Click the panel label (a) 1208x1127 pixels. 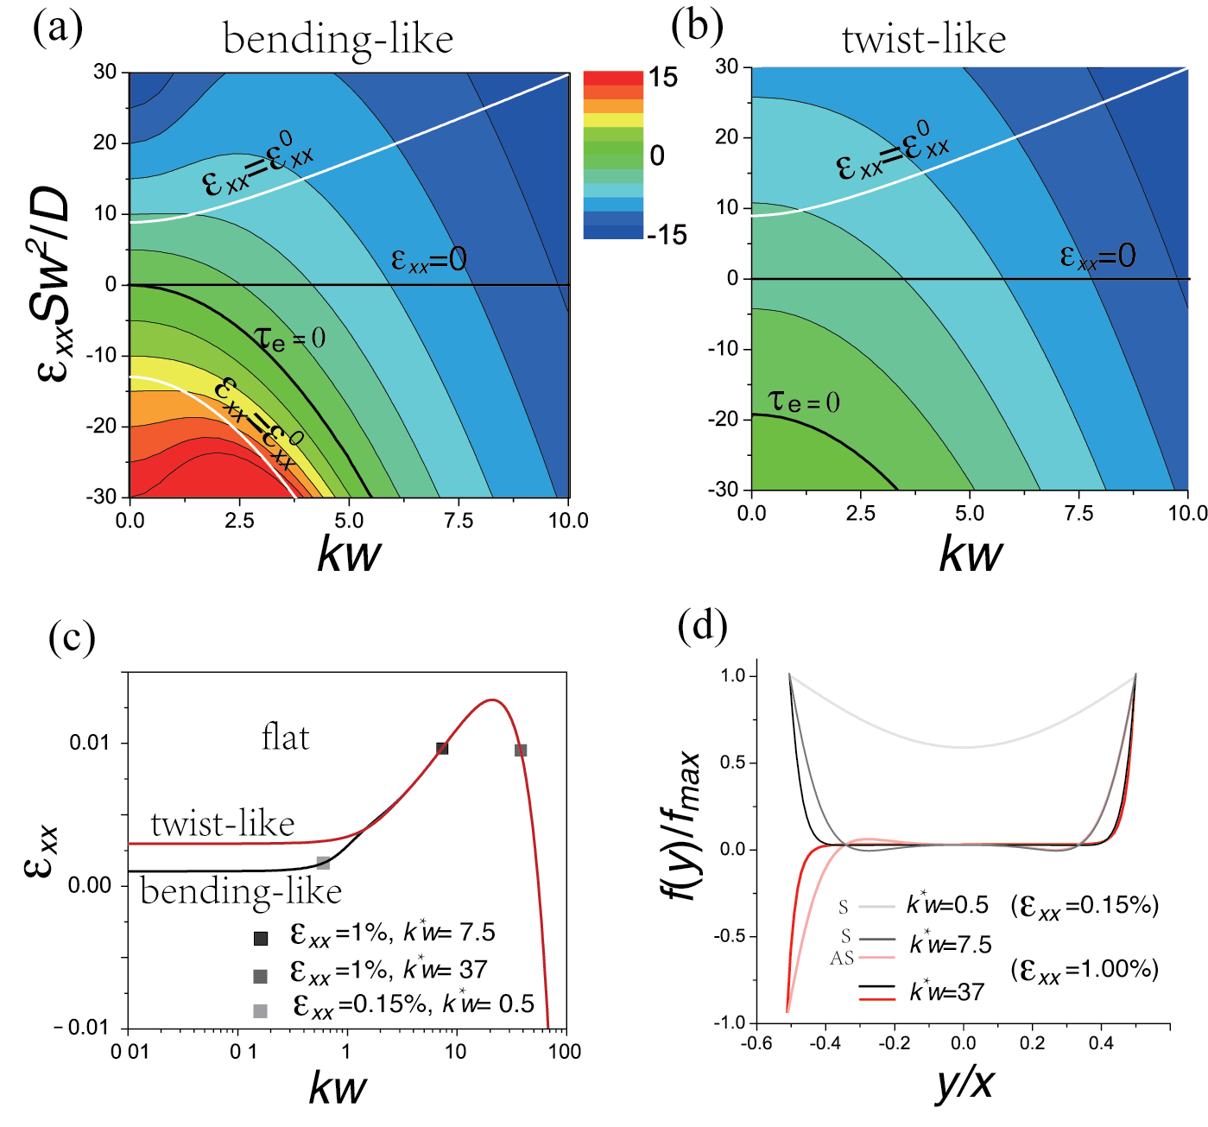pyautogui.click(x=58, y=28)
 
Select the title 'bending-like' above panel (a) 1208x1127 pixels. pyautogui.click(x=338, y=40)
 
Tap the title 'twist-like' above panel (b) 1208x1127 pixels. pyautogui.click(x=924, y=40)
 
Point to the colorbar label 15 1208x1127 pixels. pyautogui.click(x=663, y=78)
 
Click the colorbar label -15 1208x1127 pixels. pyautogui.click(x=666, y=235)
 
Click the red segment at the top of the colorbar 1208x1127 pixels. pyautogui.click(x=613, y=78)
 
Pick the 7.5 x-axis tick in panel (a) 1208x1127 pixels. pyautogui.click(x=459, y=521)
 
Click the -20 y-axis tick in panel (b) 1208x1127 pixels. pyautogui.click(x=723, y=419)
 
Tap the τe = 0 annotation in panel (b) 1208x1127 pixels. pyautogui.click(x=804, y=401)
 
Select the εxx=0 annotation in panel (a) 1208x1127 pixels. pyautogui.click(x=428, y=259)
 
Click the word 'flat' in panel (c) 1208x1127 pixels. pyautogui.click(x=285, y=738)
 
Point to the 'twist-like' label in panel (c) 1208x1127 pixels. pyautogui.click(x=223, y=824)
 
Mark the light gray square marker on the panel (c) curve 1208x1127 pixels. pyautogui.click(x=324, y=863)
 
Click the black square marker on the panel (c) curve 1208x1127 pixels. pyautogui.click(x=442, y=748)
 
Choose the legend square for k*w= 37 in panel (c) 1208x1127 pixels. pyautogui.click(x=260, y=976)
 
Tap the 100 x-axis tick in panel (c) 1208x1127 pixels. pyautogui.click(x=565, y=1051)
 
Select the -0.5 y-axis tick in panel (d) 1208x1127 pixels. pyautogui.click(x=731, y=936)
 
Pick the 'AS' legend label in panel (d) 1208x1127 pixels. pyautogui.click(x=842, y=958)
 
